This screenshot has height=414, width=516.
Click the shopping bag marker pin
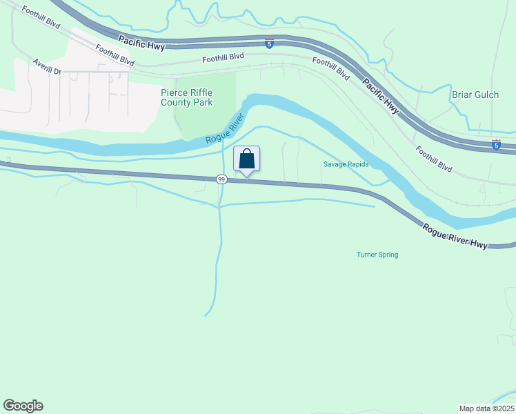tap(247, 159)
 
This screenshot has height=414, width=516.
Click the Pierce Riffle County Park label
tap(186, 97)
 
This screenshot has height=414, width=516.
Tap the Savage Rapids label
tap(346, 164)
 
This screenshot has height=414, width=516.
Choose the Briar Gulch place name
tap(475, 95)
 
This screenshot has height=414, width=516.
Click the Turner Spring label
tap(377, 255)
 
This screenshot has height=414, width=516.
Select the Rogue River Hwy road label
tap(456, 236)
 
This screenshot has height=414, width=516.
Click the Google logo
tap(23, 406)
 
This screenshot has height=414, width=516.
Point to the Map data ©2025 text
tap(487, 408)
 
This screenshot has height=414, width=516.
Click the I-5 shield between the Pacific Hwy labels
tap(269, 44)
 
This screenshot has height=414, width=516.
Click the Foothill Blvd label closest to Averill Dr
tap(115, 55)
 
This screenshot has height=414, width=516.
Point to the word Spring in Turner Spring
tap(388, 255)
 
